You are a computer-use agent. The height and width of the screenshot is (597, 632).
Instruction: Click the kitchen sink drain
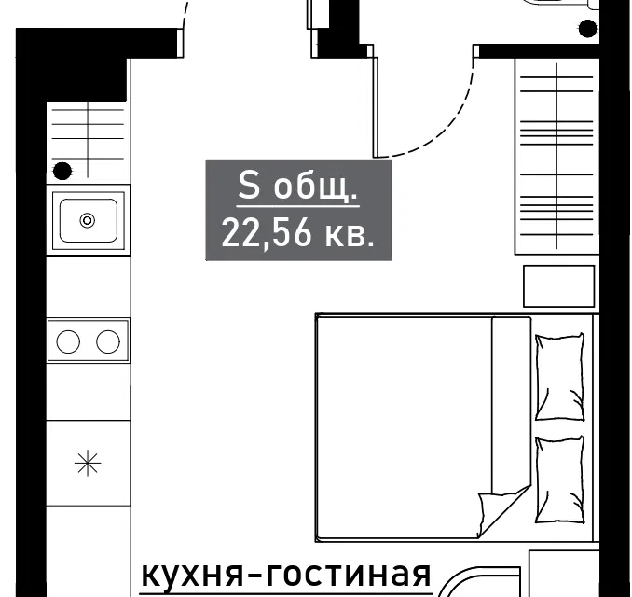(x=88, y=221)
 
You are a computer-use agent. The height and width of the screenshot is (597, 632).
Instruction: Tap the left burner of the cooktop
(x=68, y=341)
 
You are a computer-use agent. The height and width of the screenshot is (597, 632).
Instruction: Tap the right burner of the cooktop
(x=108, y=341)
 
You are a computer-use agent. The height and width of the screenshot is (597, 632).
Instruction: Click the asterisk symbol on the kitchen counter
(x=88, y=464)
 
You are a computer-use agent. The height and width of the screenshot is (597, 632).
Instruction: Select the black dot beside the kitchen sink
(x=62, y=171)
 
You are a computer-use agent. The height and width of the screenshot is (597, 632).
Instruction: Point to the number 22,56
(x=267, y=234)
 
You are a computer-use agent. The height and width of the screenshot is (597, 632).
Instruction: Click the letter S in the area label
(x=249, y=186)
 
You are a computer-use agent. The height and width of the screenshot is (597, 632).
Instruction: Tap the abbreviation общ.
(x=315, y=187)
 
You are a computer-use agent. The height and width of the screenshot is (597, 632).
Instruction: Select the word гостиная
(x=343, y=575)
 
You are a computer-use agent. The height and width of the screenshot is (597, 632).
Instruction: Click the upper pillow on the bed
(x=560, y=377)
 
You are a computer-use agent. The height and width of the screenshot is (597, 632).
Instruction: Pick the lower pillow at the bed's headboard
(x=560, y=480)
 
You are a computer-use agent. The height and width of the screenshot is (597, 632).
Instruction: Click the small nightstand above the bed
(x=558, y=286)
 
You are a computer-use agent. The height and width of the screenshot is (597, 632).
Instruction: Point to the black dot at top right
(x=587, y=29)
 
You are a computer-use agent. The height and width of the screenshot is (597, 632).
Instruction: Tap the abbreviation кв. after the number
(x=350, y=235)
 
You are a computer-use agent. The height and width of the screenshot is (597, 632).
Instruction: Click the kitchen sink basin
(x=89, y=221)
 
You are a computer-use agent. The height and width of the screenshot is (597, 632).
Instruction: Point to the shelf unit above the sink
(x=89, y=140)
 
